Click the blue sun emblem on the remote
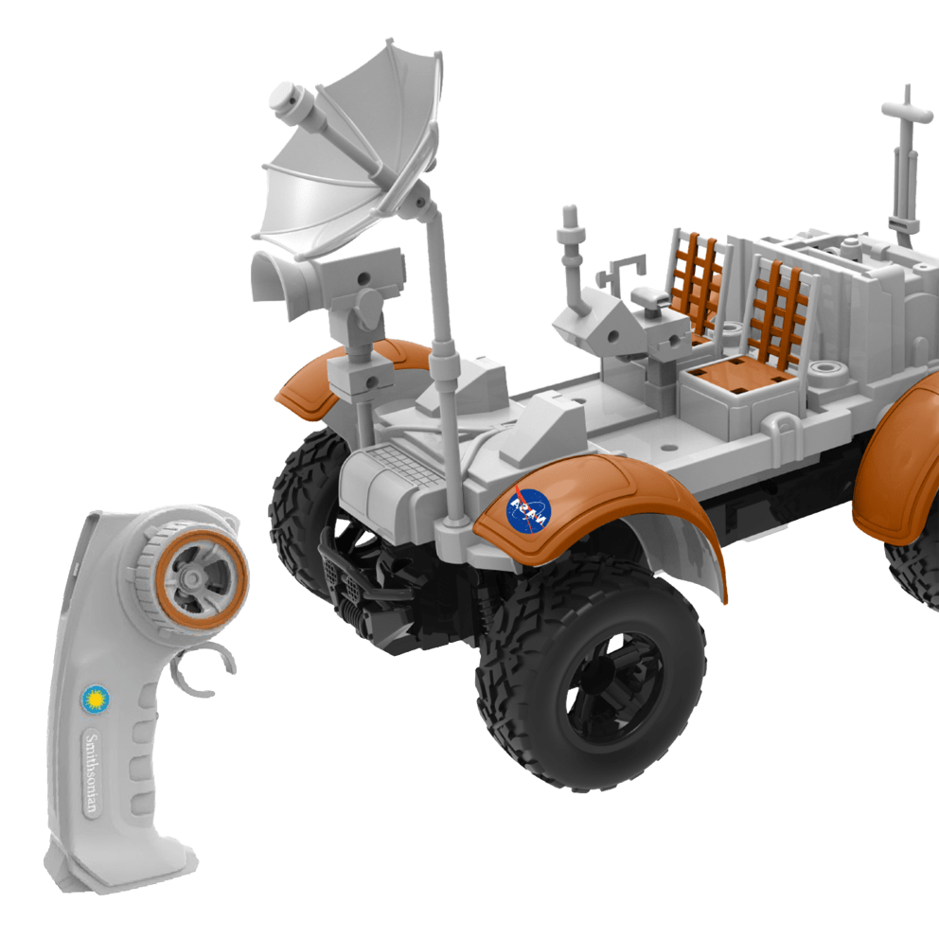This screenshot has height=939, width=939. click(x=96, y=700)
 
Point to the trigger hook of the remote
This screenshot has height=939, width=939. click(x=204, y=669)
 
